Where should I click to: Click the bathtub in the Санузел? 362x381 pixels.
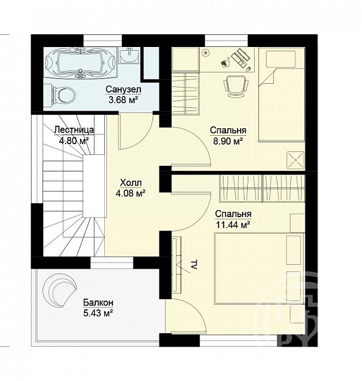(79, 63)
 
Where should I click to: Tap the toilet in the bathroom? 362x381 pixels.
(63, 95)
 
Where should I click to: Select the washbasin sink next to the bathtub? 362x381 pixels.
(130, 55)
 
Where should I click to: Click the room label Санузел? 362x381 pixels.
(123, 89)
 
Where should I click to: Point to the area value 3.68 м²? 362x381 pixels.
(123, 100)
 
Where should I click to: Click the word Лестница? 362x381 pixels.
(74, 130)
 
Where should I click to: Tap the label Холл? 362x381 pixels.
(131, 182)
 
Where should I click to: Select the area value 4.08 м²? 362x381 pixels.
(131, 193)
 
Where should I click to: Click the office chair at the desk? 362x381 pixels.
(236, 86)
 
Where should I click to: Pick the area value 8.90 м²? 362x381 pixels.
(228, 141)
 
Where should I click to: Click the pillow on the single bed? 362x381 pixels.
(281, 59)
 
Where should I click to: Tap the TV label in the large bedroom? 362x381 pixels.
(194, 264)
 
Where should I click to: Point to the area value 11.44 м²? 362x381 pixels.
(233, 225)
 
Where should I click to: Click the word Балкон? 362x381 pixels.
(98, 302)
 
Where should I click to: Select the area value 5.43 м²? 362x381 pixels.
(98, 312)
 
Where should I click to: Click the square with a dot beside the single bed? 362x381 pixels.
(295, 160)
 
